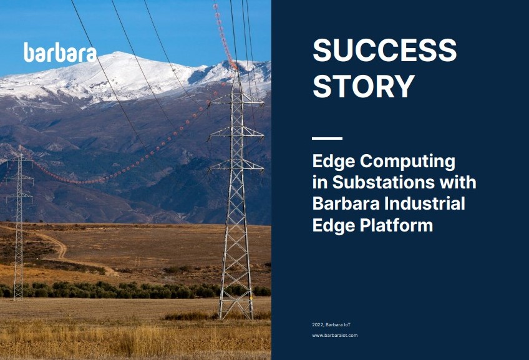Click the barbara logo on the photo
60,52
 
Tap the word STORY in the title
363,86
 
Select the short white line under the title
327,139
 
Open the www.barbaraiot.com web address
334,336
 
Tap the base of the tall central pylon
236,312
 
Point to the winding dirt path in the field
59,246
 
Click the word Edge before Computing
333,162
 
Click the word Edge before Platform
333,225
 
